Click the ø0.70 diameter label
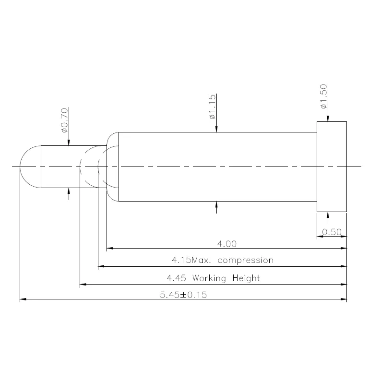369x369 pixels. pyautogui.click(x=65, y=120)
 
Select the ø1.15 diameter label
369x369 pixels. pyautogui.click(x=212, y=107)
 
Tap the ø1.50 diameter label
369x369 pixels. pyautogui.click(x=324, y=96)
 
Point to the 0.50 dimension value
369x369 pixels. pyautogui.click(x=332, y=232)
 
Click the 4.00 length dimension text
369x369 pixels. pyautogui.click(x=227, y=244)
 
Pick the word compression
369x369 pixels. pyautogui.click(x=246, y=261)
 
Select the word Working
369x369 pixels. pyautogui.click(x=209, y=278)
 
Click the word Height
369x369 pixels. pyautogui.click(x=246, y=278)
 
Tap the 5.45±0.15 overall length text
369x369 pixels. pyautogui.click(x=183, y=295)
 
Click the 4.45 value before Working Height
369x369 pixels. pyautogui.click(x=176, y=278)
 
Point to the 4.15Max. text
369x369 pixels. pyautogui.click(x=191, y=260)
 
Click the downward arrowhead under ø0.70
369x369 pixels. pyautogui.click(x=69, y=143)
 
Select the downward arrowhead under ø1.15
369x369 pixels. pyautogui.click(x=216, y=129)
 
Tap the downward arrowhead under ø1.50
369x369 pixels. pyautogui.click(x=328, y=119)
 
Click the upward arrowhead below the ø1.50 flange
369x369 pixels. pyautogui.click(x=328, y=215)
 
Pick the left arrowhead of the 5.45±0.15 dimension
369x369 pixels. pyautogui.click(x=23, y=299)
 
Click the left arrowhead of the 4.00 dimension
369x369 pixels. pyautogui.click(x=110, y=248)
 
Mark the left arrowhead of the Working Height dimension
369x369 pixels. pyautogui.click(x=83, y=284)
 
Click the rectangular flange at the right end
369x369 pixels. pyautogui.click(x=332, y=167)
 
